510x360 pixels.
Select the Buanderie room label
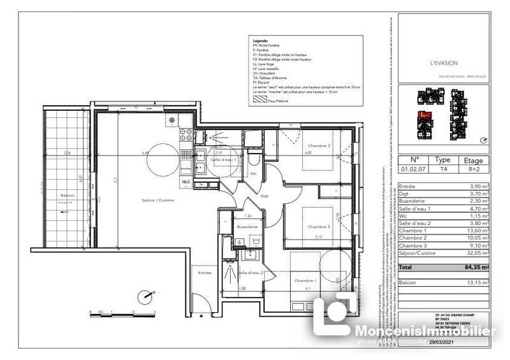tap(246, 226)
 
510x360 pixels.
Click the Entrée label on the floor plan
tap(205, 272)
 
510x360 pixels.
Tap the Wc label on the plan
tap(253, 173)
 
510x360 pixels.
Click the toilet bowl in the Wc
tap(254, 161)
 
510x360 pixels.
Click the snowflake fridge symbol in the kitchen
tap(171, 120)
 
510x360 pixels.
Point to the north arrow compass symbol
tap(147, 296)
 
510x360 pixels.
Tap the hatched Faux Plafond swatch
tap(259, 100)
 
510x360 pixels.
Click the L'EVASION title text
tap(442, 63)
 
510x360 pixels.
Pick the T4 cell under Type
tap(442, 170)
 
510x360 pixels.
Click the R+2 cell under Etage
tap(473, 170)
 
